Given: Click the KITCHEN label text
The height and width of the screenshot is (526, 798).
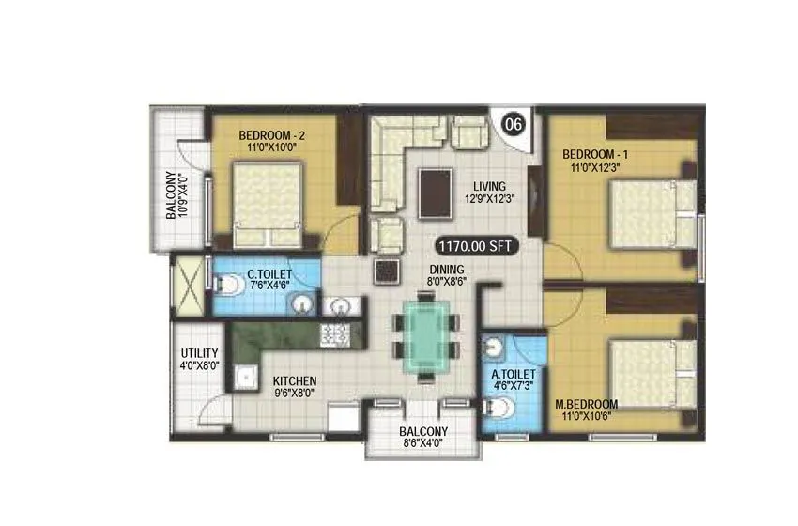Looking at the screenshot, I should coord(294,381).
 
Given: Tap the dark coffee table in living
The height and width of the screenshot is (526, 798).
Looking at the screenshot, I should coord(434,192).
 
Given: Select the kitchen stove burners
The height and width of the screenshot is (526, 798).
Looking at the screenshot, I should coord(334,333).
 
